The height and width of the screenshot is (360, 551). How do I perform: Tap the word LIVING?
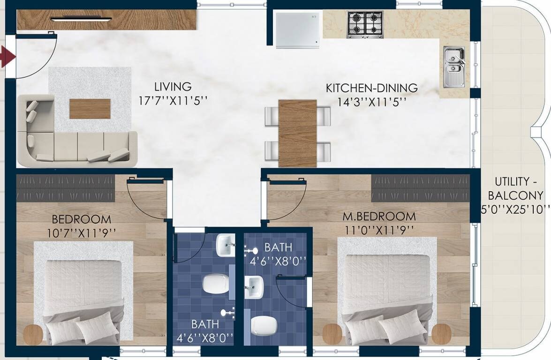coord(173,87)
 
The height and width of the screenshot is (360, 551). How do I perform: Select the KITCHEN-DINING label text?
coord(371,88)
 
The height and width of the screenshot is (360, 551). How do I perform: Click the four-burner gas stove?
coord(365,24)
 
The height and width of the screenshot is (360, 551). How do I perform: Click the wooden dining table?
coord(297,133)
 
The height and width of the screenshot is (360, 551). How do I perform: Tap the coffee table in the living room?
coord(90,108)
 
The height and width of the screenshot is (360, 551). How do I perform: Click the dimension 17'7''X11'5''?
coord(173,101)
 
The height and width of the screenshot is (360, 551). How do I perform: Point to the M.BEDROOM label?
coord(379,217)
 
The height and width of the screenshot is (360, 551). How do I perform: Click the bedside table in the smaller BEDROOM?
coord(33,334)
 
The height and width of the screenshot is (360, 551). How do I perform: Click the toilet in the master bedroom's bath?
coord(263,325)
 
